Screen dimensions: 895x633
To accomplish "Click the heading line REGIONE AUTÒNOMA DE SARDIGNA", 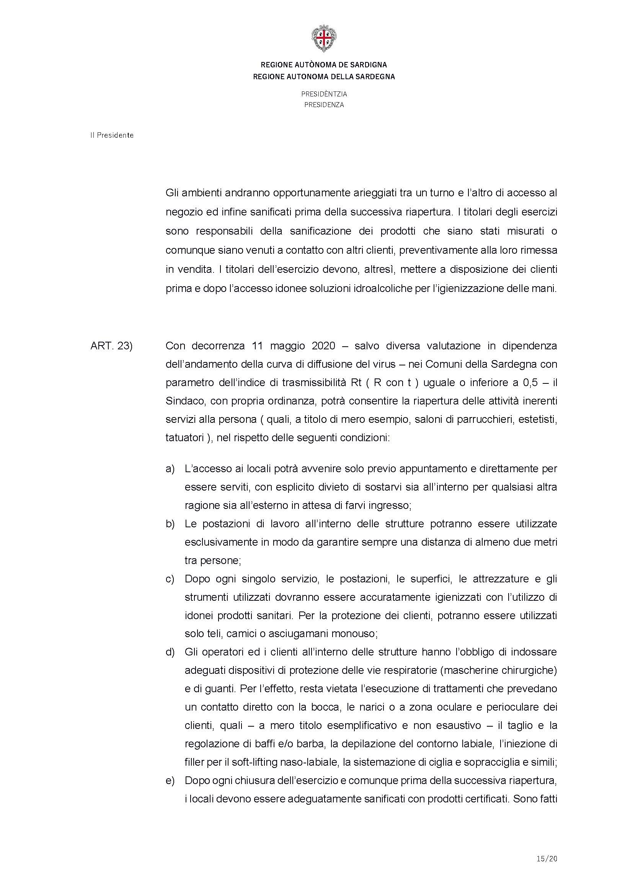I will (x=323, y=65).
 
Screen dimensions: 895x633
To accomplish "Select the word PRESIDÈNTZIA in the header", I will (x=324, y=94).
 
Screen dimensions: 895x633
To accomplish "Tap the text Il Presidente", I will (x=112, y=135).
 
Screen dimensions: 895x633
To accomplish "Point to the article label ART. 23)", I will (x=111, y=346).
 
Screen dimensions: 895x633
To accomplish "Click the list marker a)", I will (x=170, y=469).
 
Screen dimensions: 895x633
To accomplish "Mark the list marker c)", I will (x=170, y=579).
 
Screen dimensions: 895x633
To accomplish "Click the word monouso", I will (x=354, y=634).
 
